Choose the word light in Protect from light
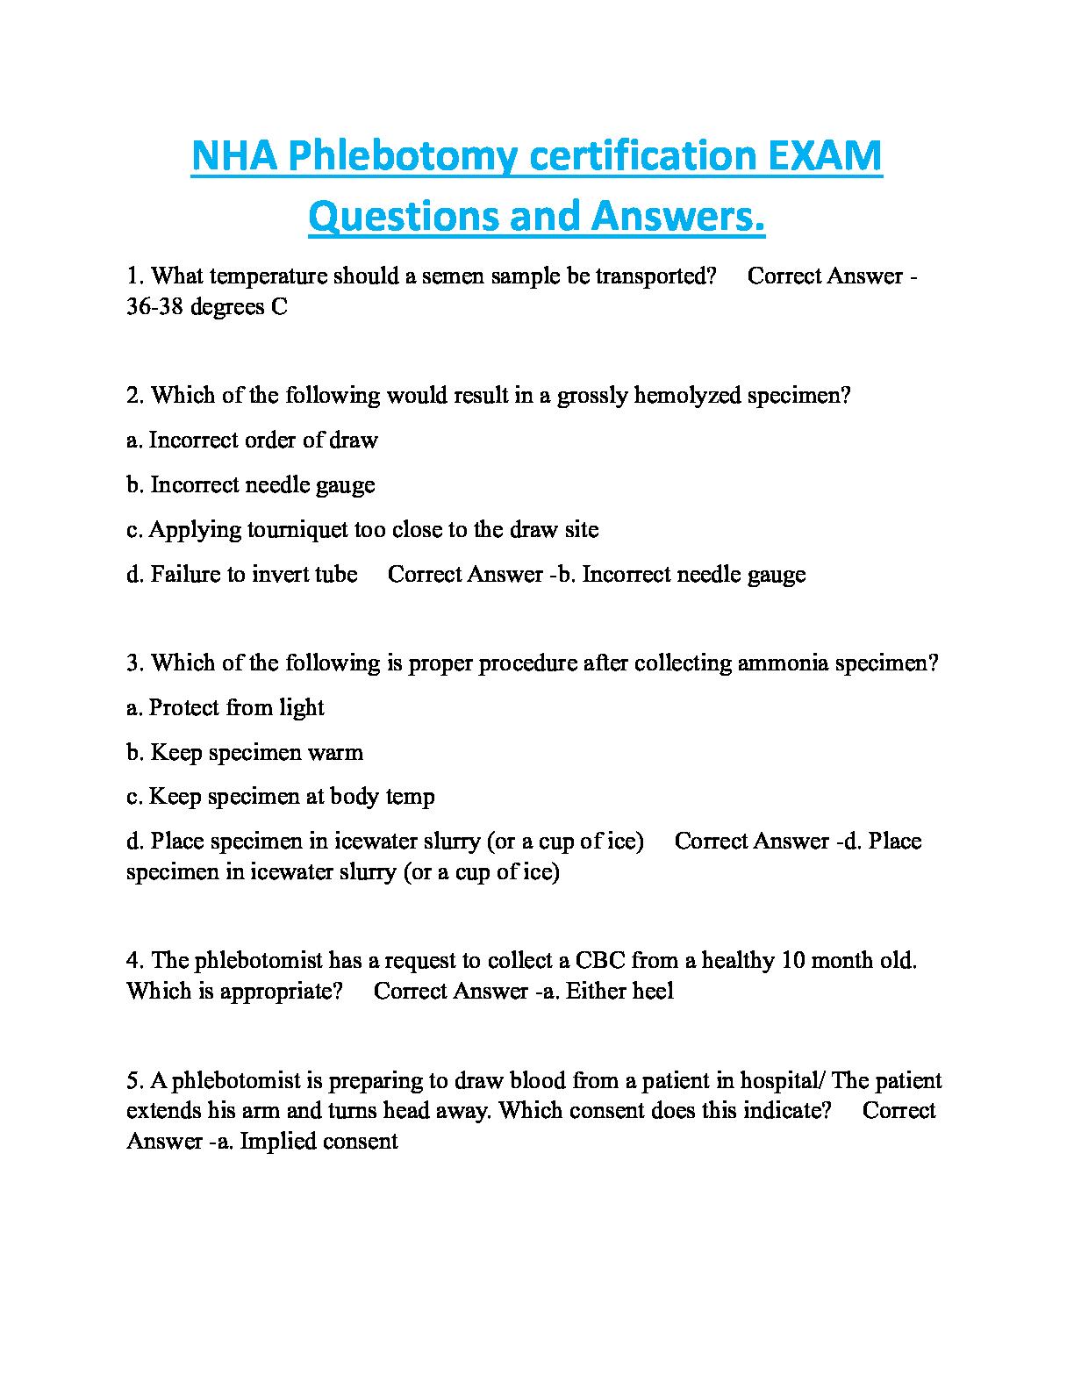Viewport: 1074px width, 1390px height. click(x=302, y=707)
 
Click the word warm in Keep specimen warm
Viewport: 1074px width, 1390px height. click(x=337, y=752)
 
